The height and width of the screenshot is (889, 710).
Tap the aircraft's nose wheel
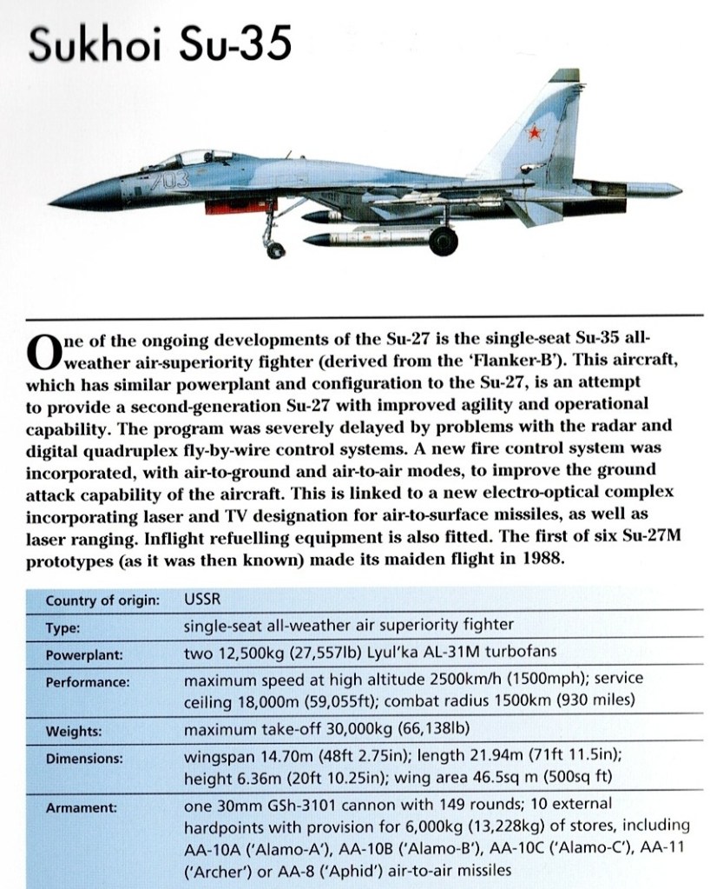pyautogui.click(x=275, y=250)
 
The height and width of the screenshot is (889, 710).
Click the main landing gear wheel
pyautogui.click(x=443, y=241)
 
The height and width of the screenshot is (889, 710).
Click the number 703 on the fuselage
pyautogui.click(x=163, y=185)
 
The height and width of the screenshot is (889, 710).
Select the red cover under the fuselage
pyautogui.click(x=232, y=206)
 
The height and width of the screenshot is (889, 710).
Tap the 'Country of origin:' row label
pyautogui.click(x=102, y=600)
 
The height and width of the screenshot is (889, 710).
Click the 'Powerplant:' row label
pyautogui.click(x=85, y=654)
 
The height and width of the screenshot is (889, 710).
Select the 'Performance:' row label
pyautogui.click(x=88, y=682)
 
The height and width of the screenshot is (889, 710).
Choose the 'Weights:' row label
pyautogui.click(x=74, y=731)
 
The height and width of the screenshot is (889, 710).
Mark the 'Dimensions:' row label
pyautogui.click(x=84, y=759)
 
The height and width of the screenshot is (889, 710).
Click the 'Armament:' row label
pyautogui.click(x=81, y=807)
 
